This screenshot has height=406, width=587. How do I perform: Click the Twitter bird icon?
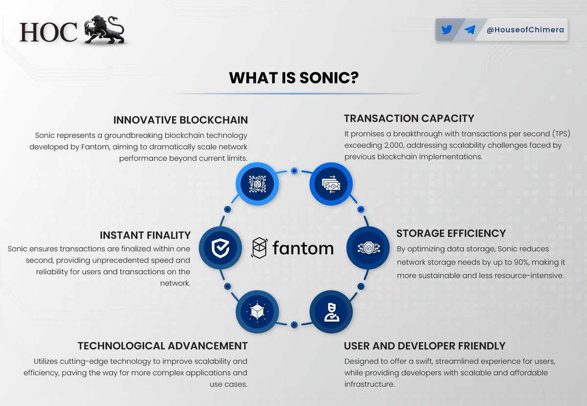(x=447, y=30)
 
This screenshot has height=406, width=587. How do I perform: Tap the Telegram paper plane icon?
(x=470, y=30)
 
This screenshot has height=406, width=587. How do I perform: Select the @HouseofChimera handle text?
(x=525, y=30)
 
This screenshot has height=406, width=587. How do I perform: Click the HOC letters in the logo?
(x=48, y=32)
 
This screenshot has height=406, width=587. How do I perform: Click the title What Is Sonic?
(x=293, y=78)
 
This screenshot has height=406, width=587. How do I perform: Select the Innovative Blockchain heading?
(x=181, y=120)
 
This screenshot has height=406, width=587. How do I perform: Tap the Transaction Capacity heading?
(x=409, y=118)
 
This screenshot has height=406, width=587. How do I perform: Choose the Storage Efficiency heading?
(x=451, y=233)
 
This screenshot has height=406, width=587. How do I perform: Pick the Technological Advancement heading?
(x=162, y=346)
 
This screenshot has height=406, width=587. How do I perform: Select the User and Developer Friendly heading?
(x=425, y=346)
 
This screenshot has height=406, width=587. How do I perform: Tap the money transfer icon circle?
(x=330, y=184)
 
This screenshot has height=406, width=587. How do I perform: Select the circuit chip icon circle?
(x=257, y=184)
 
